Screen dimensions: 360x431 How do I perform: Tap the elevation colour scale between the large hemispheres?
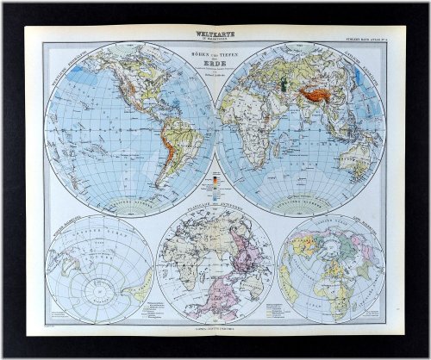[x=215, y=184]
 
